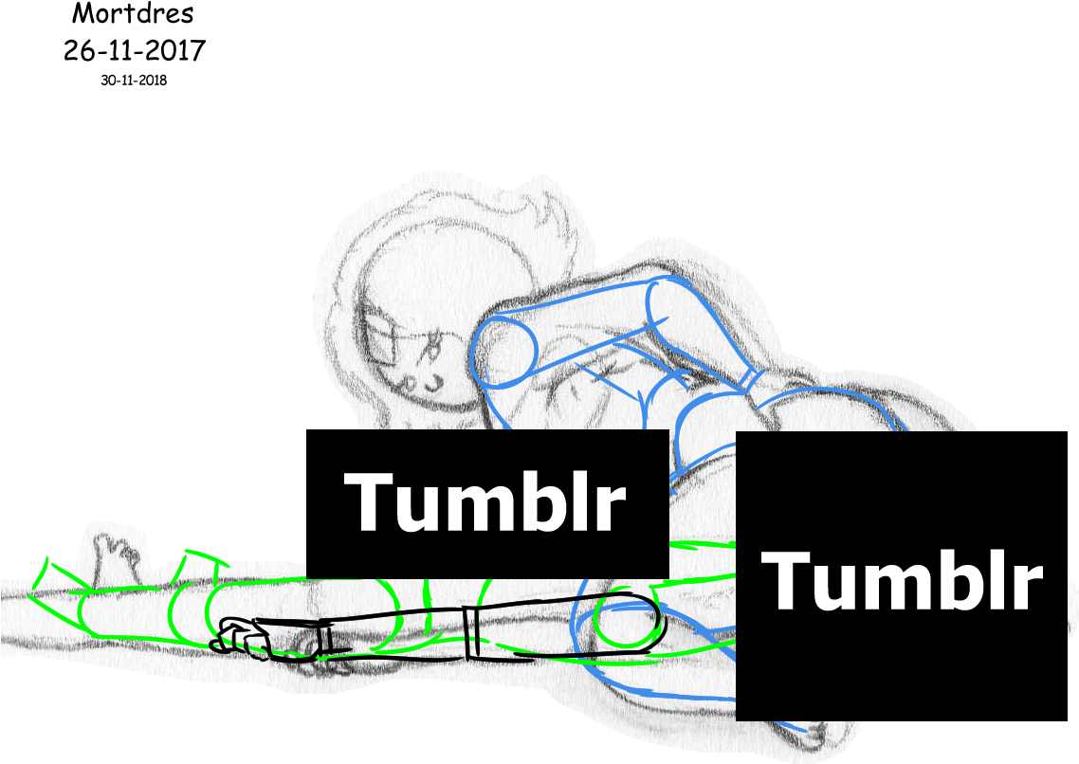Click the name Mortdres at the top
pos(133,12)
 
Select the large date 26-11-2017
pos(135,50)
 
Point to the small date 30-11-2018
pos(134,80)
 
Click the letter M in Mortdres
pos(84,12)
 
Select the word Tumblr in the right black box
pos(901,580)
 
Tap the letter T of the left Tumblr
pos(371,502)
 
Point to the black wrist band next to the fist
pos(325,637)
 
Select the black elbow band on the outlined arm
pos(473,632)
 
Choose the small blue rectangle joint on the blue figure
pos(750,379)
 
